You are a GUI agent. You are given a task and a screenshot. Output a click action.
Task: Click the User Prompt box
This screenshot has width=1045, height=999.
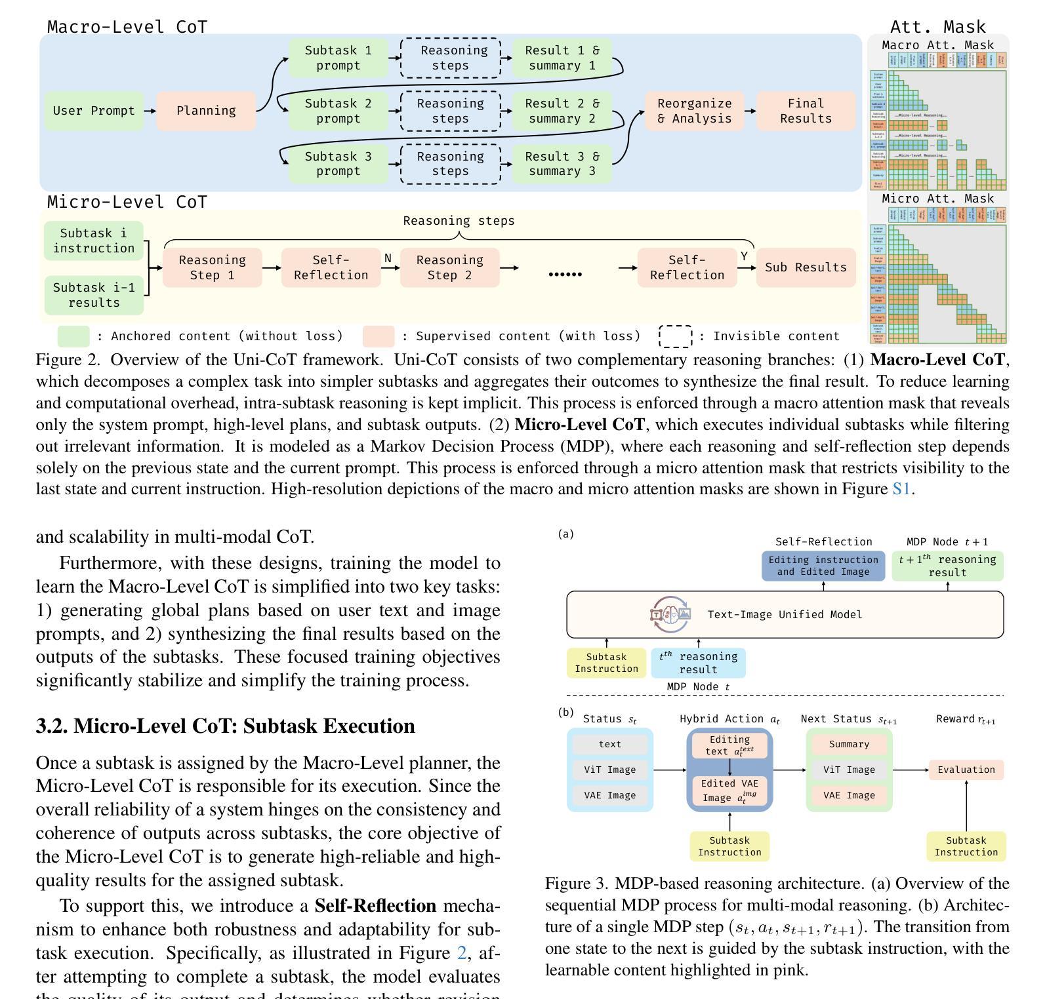coord(94,111)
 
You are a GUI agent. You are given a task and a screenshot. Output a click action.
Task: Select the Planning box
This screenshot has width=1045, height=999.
coord(206,111)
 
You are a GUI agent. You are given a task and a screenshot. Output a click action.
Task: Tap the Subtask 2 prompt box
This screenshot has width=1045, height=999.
coord(338,111)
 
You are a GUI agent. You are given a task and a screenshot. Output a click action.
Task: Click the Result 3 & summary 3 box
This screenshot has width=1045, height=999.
coord(562,164)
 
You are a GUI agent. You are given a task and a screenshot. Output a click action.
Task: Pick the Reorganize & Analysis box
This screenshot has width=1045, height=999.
coord(694,111)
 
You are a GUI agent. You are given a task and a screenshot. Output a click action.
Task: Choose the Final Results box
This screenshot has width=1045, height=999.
coord(806,111)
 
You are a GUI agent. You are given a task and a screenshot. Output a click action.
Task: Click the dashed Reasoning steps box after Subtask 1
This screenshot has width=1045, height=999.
coord(450,58)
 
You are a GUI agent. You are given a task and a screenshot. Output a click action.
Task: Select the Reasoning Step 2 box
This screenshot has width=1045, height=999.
coord(449,267)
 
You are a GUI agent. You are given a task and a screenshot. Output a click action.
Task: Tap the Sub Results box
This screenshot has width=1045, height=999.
coord(806,267)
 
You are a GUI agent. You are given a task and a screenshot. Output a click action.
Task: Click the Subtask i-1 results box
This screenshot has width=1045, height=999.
coord(94,295)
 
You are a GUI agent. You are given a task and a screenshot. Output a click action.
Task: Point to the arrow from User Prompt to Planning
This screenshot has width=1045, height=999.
coord(150,111)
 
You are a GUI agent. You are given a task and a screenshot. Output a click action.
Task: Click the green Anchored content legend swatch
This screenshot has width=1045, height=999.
coord(73,336)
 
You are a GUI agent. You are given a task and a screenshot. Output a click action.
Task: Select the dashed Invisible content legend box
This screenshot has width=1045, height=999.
coord(676,336)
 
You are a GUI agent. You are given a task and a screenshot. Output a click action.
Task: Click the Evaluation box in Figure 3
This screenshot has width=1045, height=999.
coord(966,770)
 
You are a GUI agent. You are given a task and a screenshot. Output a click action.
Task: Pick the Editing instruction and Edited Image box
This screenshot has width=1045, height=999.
coord(823,566)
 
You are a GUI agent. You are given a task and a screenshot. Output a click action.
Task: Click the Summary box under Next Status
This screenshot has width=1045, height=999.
coord(849,744)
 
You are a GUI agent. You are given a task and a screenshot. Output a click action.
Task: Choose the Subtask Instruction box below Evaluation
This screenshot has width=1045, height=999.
coord(966,846)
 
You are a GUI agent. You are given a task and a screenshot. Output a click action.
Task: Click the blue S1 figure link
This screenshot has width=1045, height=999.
coord(901,489)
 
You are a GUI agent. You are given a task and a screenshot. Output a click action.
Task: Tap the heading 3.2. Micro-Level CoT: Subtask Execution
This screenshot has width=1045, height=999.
coord(225,726)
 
